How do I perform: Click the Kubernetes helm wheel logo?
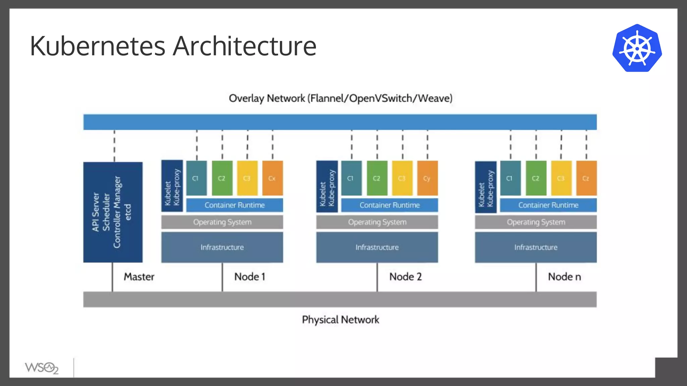click(637, 48)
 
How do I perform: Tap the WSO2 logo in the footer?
click(42, 368)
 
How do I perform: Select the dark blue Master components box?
click(113, 212)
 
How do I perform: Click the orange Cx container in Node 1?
click(272, 178)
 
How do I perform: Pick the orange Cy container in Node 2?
click(427, 178)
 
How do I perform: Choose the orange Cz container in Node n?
click(586, 178)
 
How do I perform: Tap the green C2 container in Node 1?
click(222, 178)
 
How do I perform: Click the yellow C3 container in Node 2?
click(402, 178)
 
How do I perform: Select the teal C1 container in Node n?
click(510, 178)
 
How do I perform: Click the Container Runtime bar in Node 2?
click(389, 205)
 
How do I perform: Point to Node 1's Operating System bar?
click(222, 222)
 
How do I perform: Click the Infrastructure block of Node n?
click(536, 247)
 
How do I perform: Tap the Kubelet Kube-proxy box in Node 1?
click(172, 186)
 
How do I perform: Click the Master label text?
click(139, 277)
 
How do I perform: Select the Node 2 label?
click(405, 277)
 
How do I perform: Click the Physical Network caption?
click(340, 320)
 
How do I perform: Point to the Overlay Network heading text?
click(340, 99)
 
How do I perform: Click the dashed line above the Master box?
click(114, 146)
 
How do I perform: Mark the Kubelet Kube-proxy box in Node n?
click(485, 187)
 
